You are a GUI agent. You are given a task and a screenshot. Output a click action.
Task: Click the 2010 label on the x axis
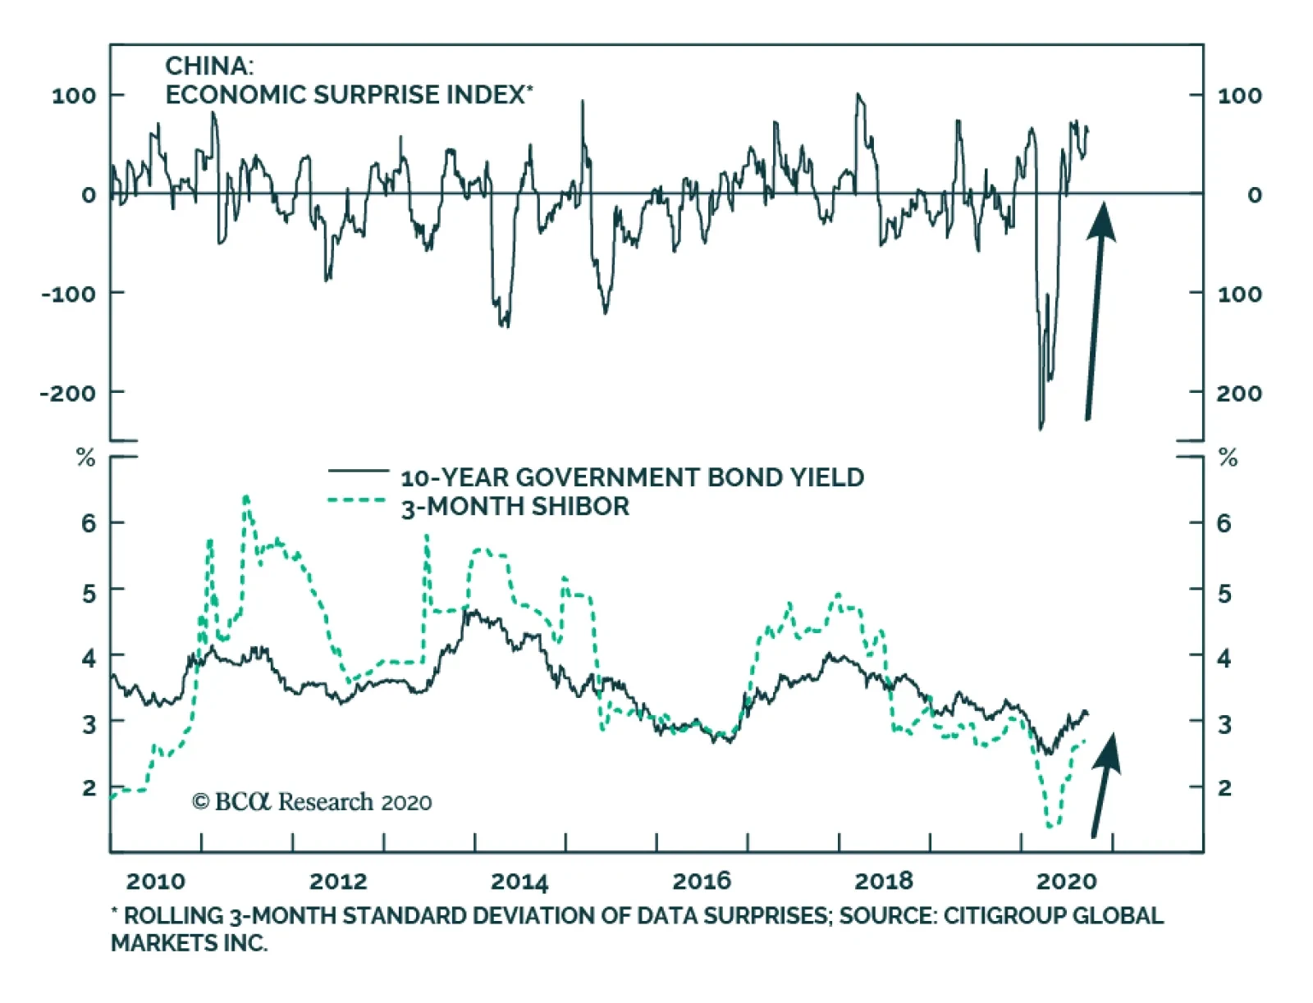(155, 882)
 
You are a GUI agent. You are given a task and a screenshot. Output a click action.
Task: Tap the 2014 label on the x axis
(519, 882)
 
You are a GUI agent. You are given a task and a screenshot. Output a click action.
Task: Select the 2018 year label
(883, 882)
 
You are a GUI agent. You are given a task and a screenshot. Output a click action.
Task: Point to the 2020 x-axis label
(1066, 882)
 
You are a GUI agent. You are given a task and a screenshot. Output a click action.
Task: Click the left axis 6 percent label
(89, 522)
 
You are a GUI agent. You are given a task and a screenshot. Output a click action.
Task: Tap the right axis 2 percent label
(1224, 788)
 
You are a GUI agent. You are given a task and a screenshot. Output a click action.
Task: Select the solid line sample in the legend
(358, 472)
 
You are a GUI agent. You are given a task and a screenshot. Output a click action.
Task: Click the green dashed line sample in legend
(358, 499)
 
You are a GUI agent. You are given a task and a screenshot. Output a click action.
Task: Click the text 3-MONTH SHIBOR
(515, 507)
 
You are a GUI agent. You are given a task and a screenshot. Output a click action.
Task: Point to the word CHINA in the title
(209, 66)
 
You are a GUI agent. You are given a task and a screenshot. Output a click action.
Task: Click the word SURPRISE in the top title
(377, 95)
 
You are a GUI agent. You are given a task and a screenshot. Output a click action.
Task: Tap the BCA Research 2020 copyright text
(312, 801)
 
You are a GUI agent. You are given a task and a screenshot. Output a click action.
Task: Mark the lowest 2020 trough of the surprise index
(1041, 427)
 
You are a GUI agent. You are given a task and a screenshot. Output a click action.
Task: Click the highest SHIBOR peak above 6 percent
(246, 497)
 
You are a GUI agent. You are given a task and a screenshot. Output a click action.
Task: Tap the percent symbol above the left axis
(85, 458)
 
